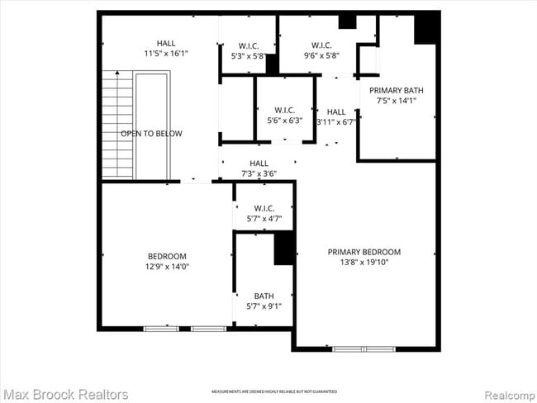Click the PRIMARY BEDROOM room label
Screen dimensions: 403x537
tap(364, 252)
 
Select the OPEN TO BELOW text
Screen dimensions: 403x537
tap(151, 133)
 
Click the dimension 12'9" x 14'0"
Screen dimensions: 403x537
tap(167, 267)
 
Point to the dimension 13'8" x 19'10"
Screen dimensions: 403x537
tap(364, 263)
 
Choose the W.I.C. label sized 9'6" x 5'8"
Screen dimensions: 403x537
tap(321, 45)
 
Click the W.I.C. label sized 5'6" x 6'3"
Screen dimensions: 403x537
tap(285, 110)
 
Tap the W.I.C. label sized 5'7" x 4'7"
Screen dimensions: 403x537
tap(264, 208)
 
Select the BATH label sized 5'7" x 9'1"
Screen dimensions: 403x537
tap(264, 296)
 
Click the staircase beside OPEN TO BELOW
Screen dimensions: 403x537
tap(117, 124)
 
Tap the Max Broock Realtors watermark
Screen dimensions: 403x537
tap(65, 394)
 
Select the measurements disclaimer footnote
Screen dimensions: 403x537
tap(274, 391)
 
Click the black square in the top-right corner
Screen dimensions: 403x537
tap(426, 29)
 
